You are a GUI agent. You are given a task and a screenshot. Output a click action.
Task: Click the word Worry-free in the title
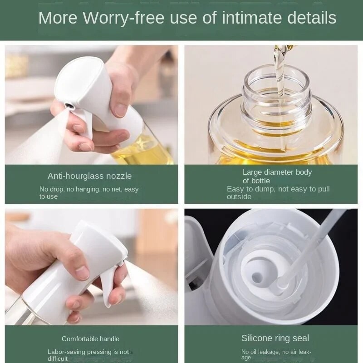[x=115, y=18]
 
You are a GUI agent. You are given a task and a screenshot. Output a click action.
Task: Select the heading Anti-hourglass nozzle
[x=90, y=176]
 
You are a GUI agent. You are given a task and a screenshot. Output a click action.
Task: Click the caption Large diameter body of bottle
[x=277, y=177]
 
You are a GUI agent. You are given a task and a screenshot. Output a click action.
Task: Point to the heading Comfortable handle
[x=90, y=339]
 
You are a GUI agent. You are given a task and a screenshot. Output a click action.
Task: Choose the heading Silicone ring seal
[x=275, y=338]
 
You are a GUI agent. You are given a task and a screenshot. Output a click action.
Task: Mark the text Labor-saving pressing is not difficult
[x=88, y=355]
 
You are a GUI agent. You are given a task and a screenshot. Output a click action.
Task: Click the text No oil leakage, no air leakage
[x=276, y=354]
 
